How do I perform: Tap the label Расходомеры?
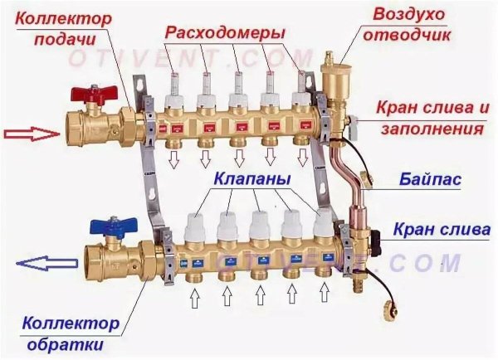(x=225, y=32)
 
